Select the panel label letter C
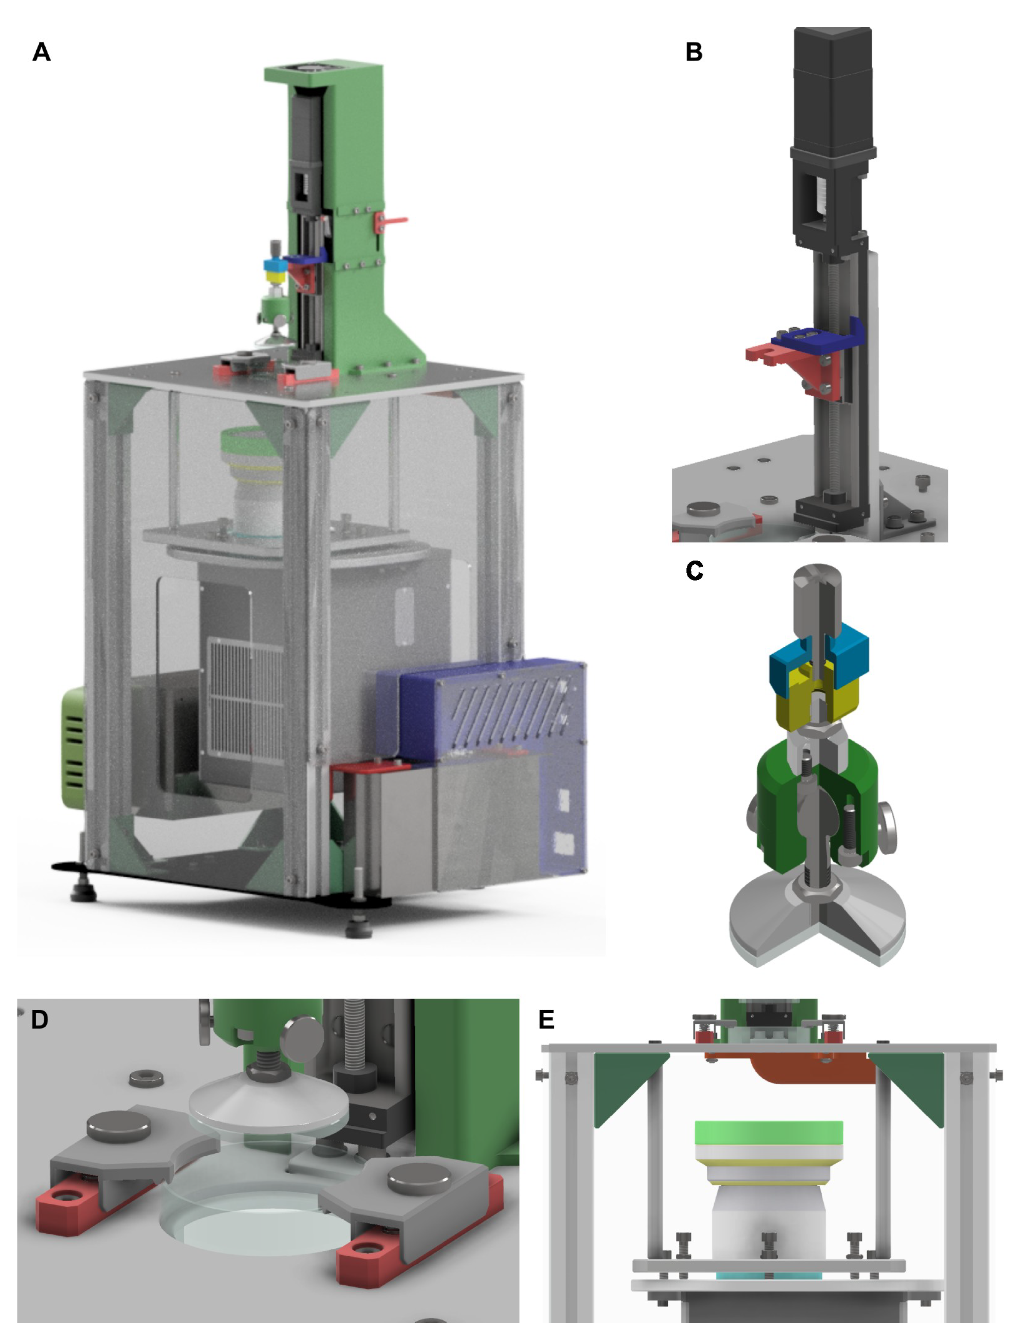694,570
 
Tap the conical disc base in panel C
817,926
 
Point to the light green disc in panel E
769,1132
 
